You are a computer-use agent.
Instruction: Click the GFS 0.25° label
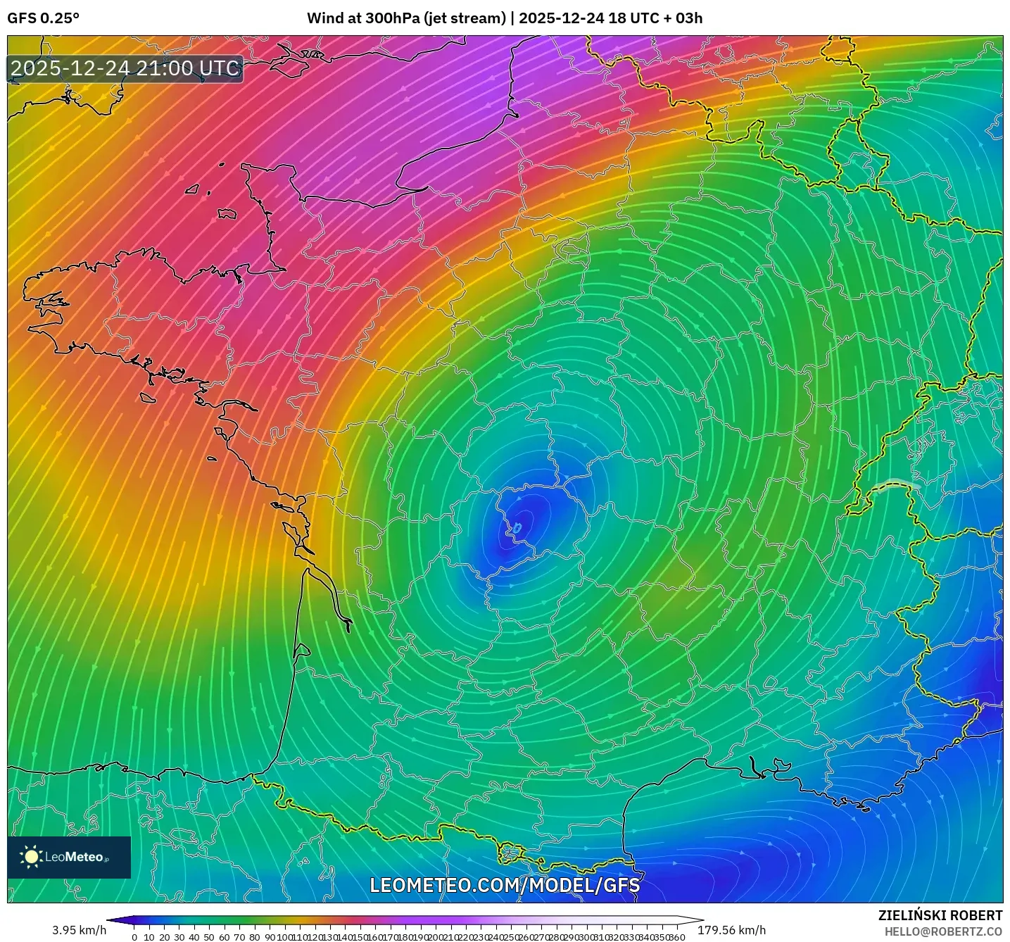click(43, 18)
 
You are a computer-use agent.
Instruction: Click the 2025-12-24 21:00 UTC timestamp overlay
click(125, 68)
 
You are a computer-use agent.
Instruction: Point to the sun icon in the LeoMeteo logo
click(32, 856)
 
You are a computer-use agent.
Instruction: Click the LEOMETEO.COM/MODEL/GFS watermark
click(505, 884)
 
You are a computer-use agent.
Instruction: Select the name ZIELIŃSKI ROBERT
click(940, 915)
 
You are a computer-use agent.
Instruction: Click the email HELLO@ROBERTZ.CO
click(943, 931)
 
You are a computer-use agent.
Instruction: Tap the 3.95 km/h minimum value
click(79, 930)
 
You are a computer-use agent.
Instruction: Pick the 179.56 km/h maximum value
click(731, 930)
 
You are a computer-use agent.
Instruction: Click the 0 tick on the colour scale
click(134, 937)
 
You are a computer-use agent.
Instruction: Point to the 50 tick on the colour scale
click(210, 937)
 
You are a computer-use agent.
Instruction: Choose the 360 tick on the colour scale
click(677, 937)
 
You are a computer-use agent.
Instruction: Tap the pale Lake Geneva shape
click(897, 484)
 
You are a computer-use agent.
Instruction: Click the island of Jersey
click(227, 213)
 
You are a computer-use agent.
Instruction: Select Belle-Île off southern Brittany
click(147, 397)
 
